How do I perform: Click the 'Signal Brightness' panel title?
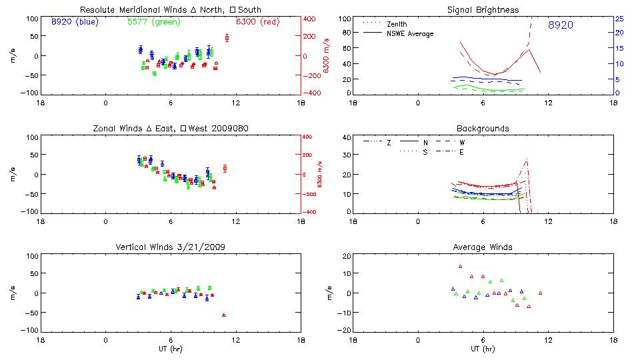484,10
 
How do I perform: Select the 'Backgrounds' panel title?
483,128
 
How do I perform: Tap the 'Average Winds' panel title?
483,247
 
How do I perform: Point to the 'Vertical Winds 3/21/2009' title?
171,247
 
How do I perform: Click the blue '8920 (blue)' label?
74,22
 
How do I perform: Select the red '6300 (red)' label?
258,22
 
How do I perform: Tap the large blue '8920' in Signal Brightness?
561,25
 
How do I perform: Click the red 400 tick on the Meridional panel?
311,19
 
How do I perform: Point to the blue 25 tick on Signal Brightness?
619,19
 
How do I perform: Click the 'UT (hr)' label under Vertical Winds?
171,349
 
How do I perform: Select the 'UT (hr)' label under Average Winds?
483,349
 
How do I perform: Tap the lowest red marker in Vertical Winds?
224,315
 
